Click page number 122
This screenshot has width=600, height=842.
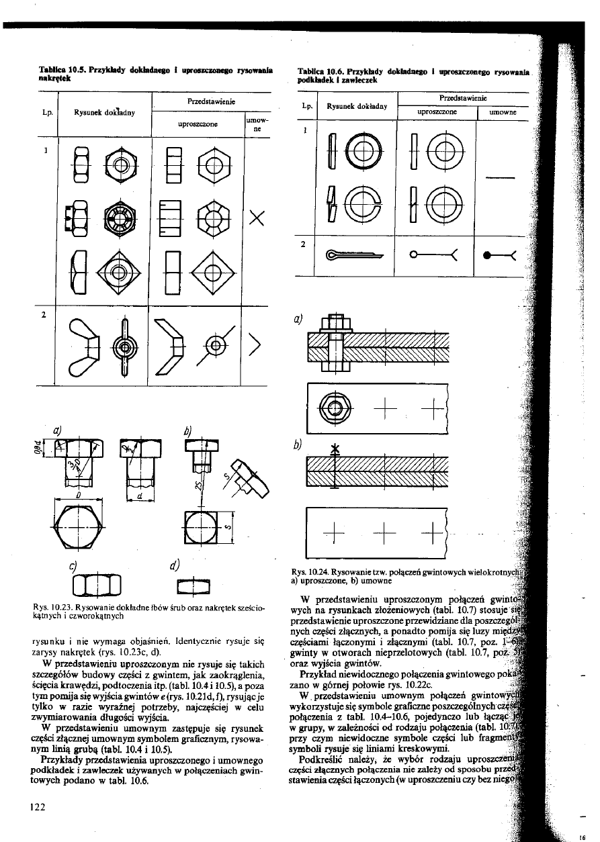click(x=36, y=807)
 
